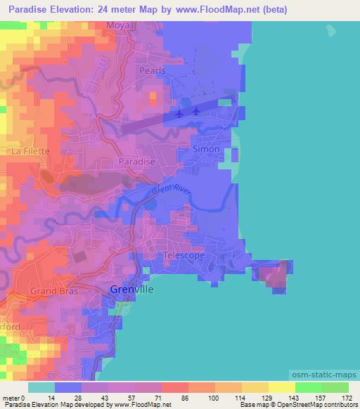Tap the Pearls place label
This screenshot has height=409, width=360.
[151, 71]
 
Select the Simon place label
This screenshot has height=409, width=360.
[206, 149]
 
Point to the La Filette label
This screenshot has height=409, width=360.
[30, 150]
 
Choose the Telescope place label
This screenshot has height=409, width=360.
[184, 256]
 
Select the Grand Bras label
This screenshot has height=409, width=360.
[53, 290]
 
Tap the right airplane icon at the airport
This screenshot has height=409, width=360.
[196, 110]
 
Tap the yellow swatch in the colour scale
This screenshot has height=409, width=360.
[282, 387]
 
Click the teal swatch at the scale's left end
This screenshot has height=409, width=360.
[41, 387]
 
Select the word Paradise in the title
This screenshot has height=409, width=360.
[32, 10]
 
